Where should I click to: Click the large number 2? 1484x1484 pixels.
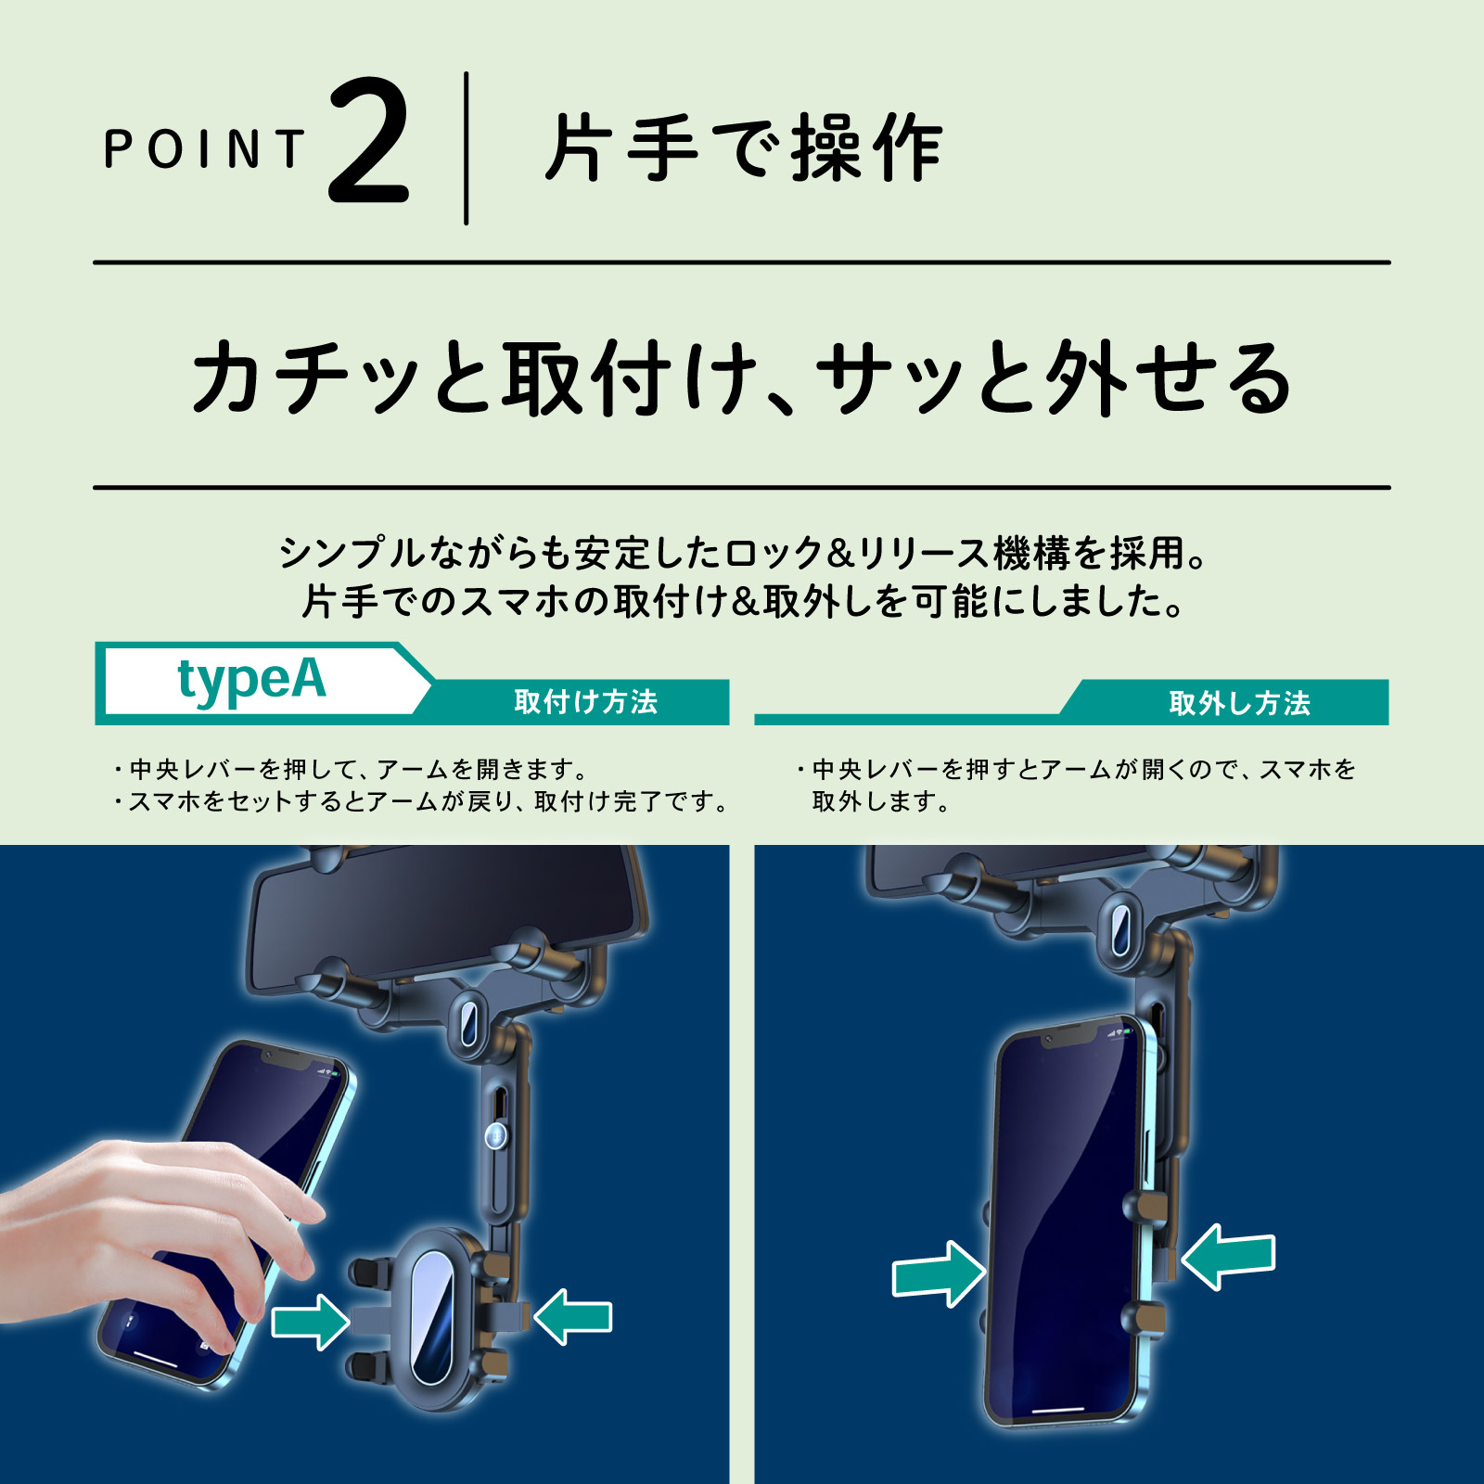pos(368,141)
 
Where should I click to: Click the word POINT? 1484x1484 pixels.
pos(204,148)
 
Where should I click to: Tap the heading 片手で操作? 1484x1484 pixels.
pos(744,148)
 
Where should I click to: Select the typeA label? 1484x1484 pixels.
pos(251,680)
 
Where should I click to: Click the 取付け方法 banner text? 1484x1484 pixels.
pos(585,702)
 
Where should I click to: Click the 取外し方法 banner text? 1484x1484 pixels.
pos(1239,703)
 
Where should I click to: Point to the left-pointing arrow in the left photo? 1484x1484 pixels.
pos(573,1317)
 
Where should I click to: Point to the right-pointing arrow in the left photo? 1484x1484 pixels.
pos(311,1321)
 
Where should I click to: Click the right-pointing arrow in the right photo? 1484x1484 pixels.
pos(939,1274)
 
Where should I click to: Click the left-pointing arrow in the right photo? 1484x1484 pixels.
pos(1228,1256)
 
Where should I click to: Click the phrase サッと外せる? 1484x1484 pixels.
pos(1054,377)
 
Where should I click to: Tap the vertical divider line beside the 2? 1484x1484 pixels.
pos(466,148)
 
